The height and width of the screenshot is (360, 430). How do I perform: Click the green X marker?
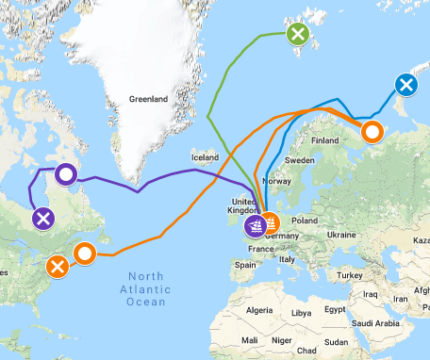pyautogui.click(x=298, y=36)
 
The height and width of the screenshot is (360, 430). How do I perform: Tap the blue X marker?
pyautogui.click(x=406, y=86)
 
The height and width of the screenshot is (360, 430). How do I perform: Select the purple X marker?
pyautogui.click(x=42, y=220)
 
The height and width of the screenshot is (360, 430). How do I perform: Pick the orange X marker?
pyautogui.click(x=58, y=267)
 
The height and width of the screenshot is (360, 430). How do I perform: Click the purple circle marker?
pyautogui.click(x=65, y=173)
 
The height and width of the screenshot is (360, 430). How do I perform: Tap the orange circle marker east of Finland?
pyautogui.click(x=372, y=131)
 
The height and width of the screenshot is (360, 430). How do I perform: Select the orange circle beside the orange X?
pyautogui.click(x=85, y=253)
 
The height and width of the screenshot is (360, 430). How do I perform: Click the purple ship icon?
pyautogui.click(x=255, y=225)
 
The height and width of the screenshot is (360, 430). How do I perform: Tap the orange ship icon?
pyautogui.click(x=272, y=224)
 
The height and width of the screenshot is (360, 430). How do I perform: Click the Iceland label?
pyautogui.click(x=205, y=156)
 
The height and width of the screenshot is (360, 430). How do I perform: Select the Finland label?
pyautogui.click(x=324, y=141)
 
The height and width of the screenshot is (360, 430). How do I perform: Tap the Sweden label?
pyautogui.click(x=301, y=161)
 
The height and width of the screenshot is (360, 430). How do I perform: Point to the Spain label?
pyautogui.click(x=247, y=265)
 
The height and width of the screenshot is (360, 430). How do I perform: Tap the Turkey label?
pyautogui.click(x=352, y=274)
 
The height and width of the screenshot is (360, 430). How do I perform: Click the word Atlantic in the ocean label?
pyautogui.click(x=141, y=289)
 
